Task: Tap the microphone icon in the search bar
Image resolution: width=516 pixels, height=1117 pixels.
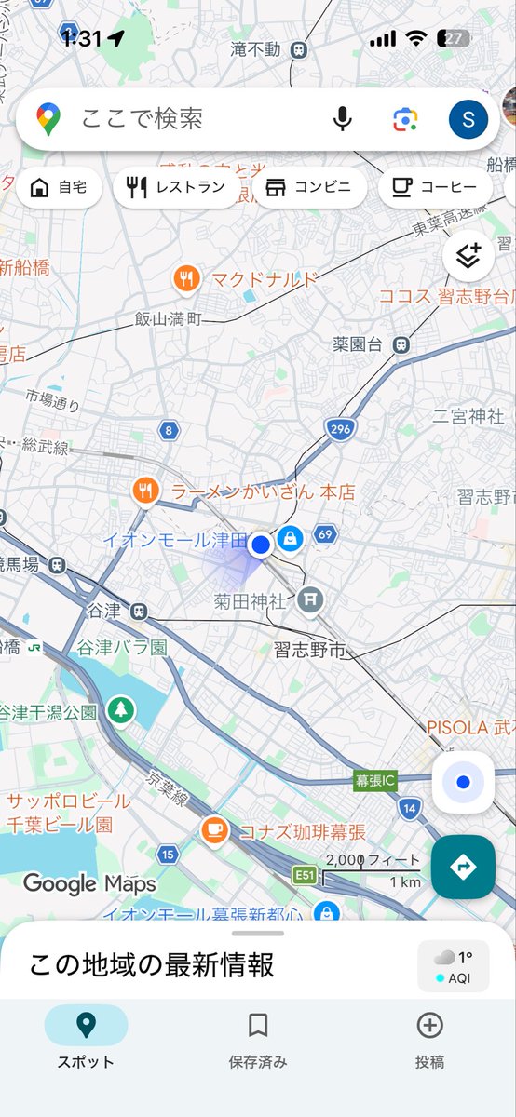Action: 343,119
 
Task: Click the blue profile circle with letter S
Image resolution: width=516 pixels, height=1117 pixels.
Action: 468,119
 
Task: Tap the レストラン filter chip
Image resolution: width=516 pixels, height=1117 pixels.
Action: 175,188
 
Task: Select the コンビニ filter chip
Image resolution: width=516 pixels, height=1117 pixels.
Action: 309,188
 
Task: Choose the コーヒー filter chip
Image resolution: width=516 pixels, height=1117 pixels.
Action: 434,188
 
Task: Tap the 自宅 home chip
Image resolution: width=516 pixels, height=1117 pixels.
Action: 59,188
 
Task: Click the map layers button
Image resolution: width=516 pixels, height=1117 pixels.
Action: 468,255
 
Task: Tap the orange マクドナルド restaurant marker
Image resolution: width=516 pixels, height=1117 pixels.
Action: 187,277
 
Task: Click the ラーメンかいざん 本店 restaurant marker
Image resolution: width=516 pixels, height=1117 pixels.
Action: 144,491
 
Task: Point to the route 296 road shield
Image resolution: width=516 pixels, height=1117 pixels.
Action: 339,429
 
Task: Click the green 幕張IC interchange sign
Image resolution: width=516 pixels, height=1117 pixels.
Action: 375,780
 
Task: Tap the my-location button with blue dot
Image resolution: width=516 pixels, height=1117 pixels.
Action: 463,783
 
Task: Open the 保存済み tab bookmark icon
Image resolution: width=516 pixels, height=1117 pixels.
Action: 258,1026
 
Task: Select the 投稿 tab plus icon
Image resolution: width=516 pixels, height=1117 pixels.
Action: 429,1026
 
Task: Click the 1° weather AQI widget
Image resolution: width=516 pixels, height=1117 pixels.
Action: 454,965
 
